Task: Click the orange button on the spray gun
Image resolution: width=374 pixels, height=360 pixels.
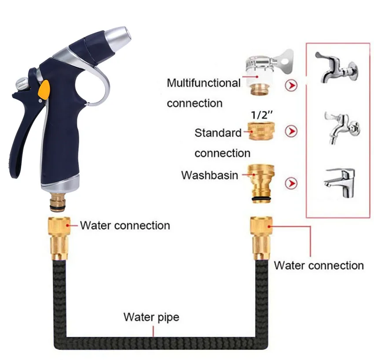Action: click(x=44, y=91)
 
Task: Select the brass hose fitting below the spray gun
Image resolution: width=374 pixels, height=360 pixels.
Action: click(x=58, y=238)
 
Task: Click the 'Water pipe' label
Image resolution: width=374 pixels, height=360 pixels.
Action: click(x=151, y=317)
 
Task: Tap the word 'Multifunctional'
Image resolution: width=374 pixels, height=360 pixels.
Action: click(x=203, y=83)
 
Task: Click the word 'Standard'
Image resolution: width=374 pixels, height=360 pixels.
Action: click(x=218, y=132)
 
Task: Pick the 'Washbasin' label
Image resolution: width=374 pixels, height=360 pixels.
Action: click(x=209, y=175)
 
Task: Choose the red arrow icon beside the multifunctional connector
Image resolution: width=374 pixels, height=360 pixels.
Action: click(x=291, y=85)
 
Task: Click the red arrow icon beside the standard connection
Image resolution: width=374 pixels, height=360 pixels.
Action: click(x=291, y=131)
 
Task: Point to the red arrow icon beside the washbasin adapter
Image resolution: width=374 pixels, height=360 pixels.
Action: click(x=291, y=183)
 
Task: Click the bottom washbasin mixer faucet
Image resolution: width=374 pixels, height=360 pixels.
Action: click(x=339, y=181)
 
